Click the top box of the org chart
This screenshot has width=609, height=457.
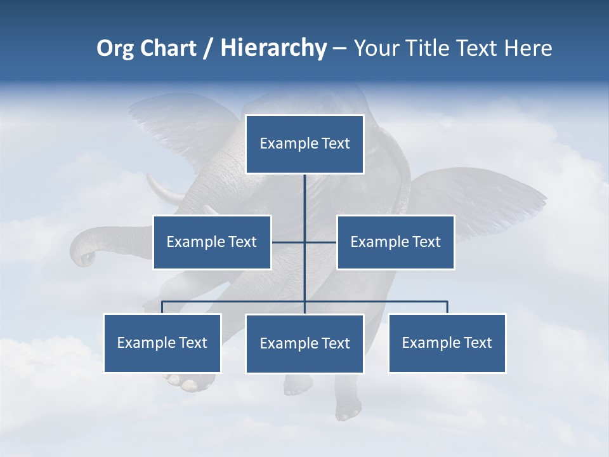point(304,144)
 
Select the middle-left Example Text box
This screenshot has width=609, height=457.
point(212,242)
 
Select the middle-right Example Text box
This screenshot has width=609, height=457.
point(395,242)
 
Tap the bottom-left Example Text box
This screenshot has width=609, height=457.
point(162,343)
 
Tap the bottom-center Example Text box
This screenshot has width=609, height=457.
point(304,343)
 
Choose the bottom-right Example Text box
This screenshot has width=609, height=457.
point(447,343)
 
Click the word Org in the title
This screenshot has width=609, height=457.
point(115,48)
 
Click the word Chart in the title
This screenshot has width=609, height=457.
point(168,48)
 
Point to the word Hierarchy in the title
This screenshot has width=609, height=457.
point(273,48)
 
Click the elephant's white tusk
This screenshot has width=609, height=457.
point(167,191)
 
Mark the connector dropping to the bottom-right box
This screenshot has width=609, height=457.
point(447,307)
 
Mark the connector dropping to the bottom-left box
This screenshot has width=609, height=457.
point(162,307)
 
